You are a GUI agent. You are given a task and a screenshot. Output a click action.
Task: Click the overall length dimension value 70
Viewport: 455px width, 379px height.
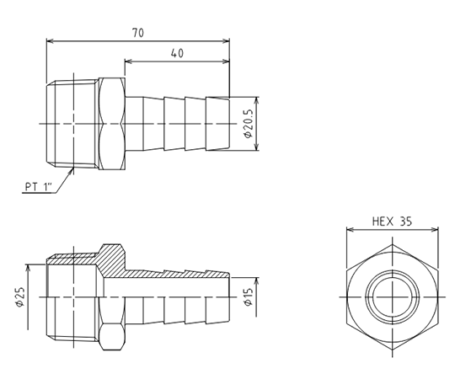[x=138, y=33]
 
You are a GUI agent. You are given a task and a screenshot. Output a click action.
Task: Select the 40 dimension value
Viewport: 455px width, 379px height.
[x=177, y=53]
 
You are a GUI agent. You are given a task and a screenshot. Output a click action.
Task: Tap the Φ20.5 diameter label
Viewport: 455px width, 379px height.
[x=249, y=124]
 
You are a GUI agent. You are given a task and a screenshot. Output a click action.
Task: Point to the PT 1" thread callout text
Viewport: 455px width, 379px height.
[x=38, y=186]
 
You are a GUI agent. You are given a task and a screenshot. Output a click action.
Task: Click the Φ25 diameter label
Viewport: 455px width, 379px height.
[x=20, y=297]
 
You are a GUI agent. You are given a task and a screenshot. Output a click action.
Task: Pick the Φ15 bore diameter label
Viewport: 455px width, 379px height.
[x=249, y=297]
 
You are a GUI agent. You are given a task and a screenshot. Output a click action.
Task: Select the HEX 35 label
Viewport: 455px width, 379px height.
[x=392, y=222]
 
